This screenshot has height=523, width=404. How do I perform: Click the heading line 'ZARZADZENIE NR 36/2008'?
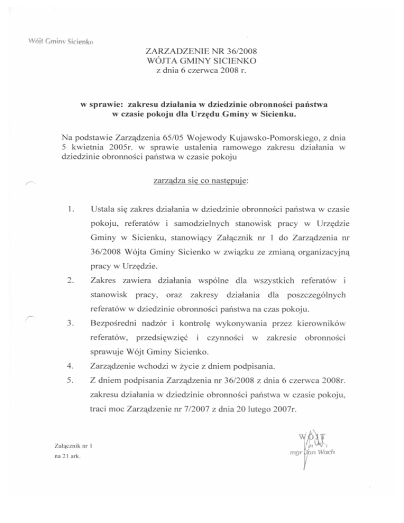point(202,52)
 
